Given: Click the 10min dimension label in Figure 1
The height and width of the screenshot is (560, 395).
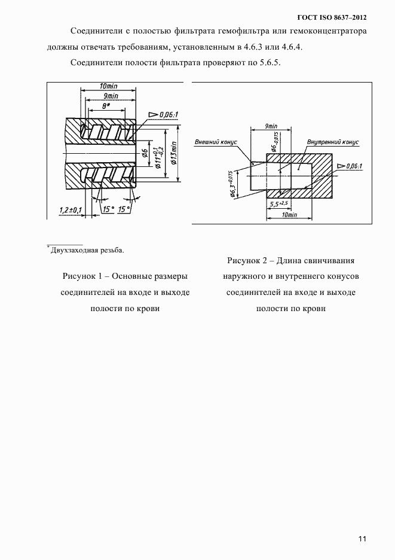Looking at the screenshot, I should coord(109,86).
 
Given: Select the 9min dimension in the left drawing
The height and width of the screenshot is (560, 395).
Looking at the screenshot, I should coord(109,96).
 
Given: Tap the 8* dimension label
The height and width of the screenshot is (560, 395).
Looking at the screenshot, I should coord(107,105).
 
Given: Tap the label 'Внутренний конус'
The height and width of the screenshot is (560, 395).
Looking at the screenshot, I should coord(333,142).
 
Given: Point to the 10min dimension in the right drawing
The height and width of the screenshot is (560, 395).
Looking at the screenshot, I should coord(290,214).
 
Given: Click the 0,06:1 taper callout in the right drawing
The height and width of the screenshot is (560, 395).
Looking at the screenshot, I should coord(354,166).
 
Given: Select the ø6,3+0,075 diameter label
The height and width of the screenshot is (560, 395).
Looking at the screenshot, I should coord(231,186).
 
